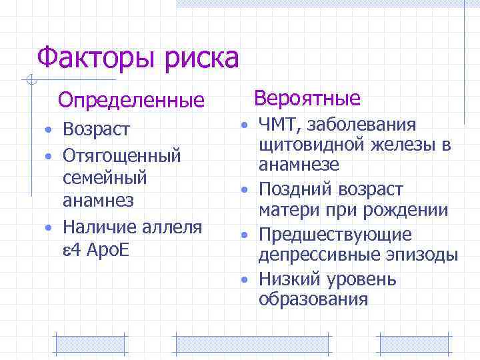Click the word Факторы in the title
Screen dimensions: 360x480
point(91,58)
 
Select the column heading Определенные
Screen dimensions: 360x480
point(131,101)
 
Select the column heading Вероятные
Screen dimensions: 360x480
point(307,99)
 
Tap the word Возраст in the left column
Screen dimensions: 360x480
point(97,129)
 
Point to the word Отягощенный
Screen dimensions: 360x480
point(121,155)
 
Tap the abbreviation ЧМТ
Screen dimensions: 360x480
point(277,125)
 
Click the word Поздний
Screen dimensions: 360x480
point(289,189)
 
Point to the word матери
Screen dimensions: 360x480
point(284,211)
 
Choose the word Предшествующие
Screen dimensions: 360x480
point(335,235)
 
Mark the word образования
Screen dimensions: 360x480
point(313,299)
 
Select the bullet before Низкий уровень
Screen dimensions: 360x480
point(245,279)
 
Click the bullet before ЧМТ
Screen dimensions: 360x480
point(245,125)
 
